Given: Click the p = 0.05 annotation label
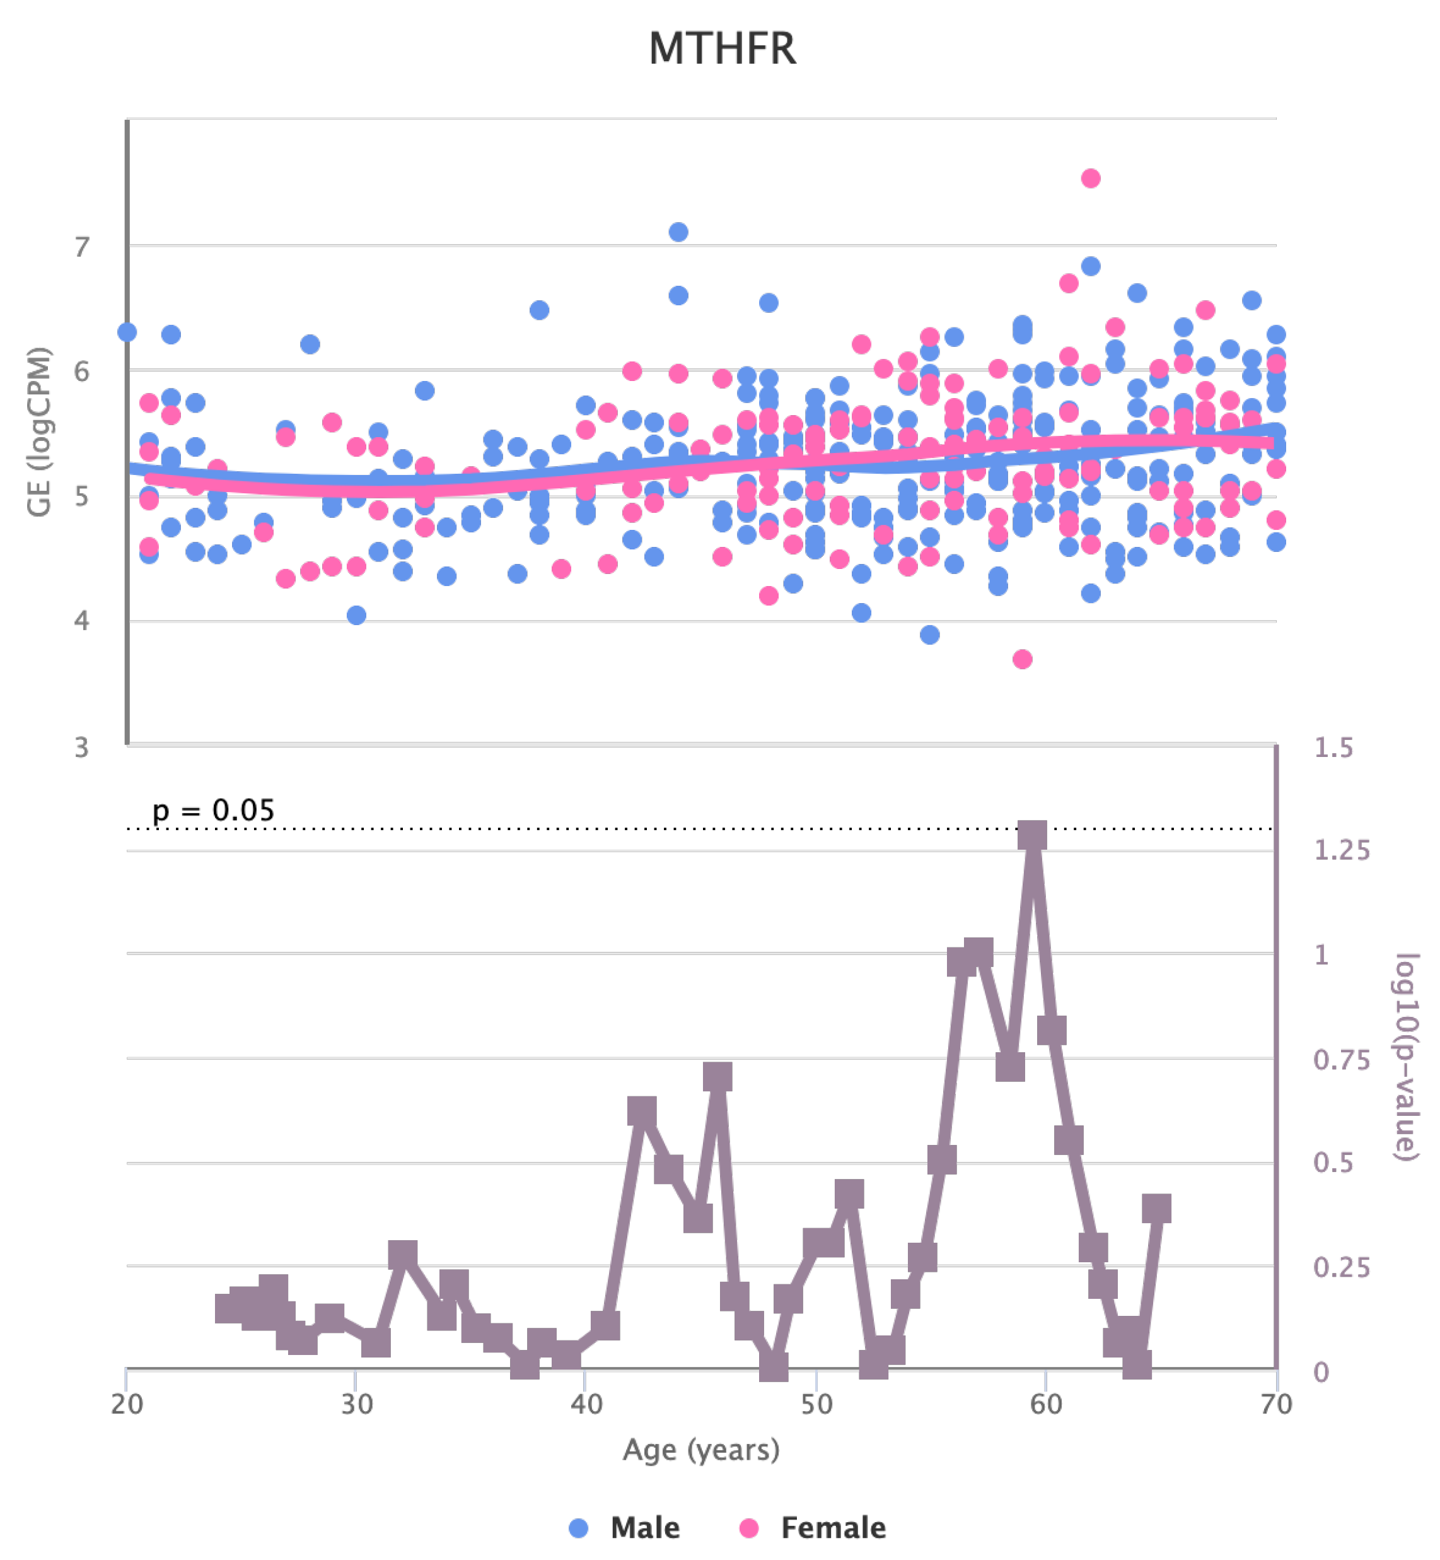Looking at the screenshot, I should pyautogui.click(x=212, y=810).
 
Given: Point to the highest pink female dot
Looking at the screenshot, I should pyautogui.click(x=1090, y=179).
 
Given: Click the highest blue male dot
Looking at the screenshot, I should pyautogui.click(x=678, y=232).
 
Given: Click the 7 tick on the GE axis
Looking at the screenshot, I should pyautogui.click(x=82, y=247).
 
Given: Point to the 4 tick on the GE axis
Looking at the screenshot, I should pyautogui.click(x=82, y=621).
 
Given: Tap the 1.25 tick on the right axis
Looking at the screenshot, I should pyautogui.click(x=1341, y=850).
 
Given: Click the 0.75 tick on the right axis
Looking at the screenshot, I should pyautogui.click(x=1341, y=1060).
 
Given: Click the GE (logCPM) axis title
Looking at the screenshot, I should pyautogui.click(x=39, y=432).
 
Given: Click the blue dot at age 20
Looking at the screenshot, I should pyautogui.click(x=127, y=332).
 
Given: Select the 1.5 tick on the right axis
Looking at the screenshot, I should pyautogui.click(x=1333, y=747).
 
